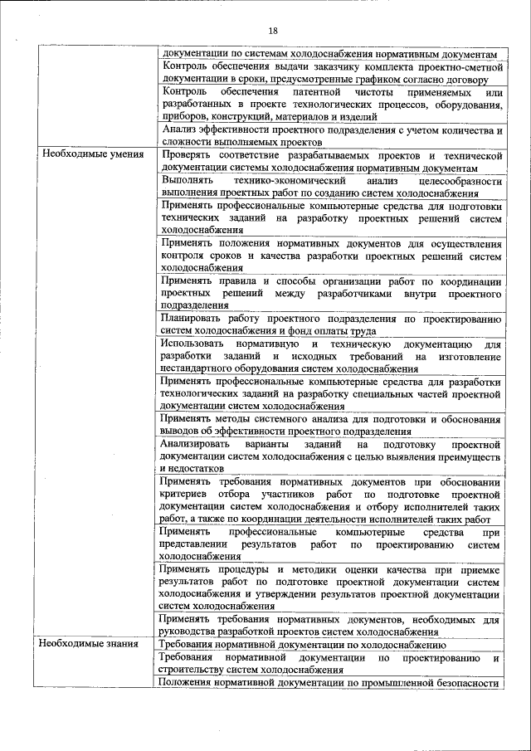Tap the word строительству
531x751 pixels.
click(196, 670)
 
